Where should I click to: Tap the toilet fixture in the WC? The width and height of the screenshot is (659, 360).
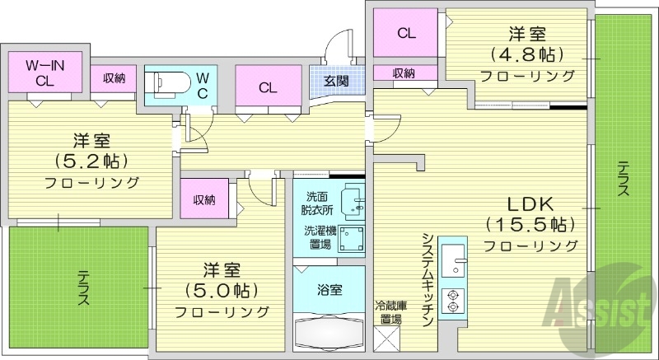[163, 82]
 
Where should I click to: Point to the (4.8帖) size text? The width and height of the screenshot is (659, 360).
[529, 55]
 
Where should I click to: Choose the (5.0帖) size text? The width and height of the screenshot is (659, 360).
[222, 290]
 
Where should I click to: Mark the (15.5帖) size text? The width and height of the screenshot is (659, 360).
[530, 224]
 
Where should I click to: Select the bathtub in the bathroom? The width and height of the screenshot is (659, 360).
[327, 334]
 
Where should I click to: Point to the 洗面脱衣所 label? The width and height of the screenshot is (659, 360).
[317, 203]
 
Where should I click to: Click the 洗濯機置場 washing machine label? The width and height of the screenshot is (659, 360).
[317, 237]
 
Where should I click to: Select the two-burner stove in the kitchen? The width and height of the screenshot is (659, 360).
[451, 300]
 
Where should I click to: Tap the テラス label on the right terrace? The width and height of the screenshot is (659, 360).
[624, 177]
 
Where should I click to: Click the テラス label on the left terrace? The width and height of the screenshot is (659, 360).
[82, 288]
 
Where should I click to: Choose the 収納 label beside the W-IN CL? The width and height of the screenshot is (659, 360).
[114, 78]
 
